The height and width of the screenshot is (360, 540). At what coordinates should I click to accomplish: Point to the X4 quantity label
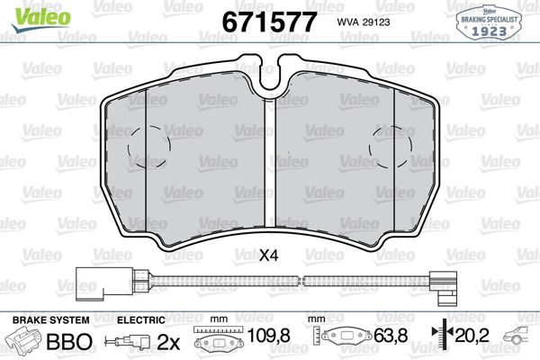[x=268, y=256]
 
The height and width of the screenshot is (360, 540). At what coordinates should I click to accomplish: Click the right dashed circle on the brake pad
[x=395, y=144]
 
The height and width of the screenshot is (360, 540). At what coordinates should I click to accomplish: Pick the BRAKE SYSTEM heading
[x=49, y=320]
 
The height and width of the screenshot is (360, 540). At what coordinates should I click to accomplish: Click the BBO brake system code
[x=67, y=341]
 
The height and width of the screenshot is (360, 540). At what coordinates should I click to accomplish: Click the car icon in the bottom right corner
[x=519, y=340]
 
